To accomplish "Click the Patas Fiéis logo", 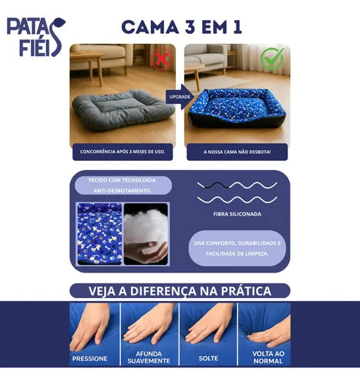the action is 36,37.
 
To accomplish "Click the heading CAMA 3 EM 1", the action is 182,27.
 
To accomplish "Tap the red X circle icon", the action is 162,59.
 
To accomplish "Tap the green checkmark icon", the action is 272,59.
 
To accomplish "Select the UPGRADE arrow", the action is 180,97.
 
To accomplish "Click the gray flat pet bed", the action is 123,109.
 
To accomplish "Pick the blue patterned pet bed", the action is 237,108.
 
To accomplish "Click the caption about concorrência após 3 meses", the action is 123,152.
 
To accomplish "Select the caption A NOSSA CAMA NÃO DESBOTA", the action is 237,152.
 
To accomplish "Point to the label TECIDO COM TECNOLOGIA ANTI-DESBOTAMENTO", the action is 123,186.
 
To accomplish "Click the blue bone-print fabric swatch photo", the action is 99,234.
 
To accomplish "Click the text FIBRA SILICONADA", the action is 237,214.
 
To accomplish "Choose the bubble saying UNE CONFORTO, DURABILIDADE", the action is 237,248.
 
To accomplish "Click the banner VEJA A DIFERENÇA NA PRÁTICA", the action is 180,291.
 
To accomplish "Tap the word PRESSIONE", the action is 89,359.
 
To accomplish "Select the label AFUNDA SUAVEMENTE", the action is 149,357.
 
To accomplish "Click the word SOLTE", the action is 208,358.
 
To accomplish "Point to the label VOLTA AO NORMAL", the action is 268,357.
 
